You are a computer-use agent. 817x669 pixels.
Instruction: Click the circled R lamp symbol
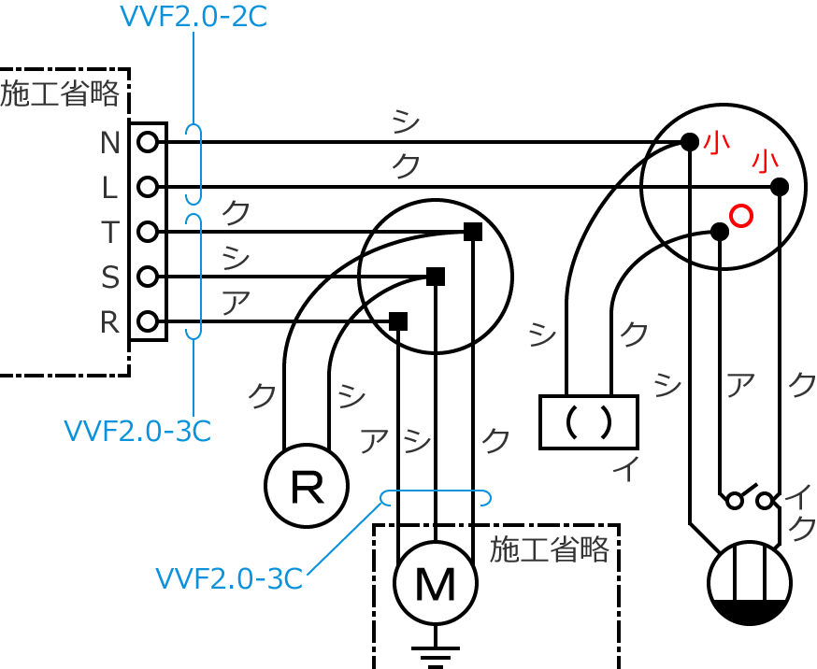[x=307, y=486]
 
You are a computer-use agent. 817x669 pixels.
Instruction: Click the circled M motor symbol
[x=436, y=583]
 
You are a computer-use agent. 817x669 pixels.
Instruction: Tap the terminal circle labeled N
[x=147, y=142]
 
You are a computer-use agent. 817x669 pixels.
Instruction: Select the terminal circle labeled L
[x=147, y=187]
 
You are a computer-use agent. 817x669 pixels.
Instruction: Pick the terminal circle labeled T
[x=147, y=232]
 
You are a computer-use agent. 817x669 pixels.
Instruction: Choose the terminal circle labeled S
[x=147, y=277]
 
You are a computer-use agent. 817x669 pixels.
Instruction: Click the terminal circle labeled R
[x=147, y=321]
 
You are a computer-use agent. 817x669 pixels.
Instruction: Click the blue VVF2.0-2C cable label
[x=193, y=17]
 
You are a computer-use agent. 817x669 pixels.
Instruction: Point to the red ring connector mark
[x=740, y=216]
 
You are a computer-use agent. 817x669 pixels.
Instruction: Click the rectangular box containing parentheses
[x=589, y=422]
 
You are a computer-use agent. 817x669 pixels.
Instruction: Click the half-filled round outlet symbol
[x=750, y=583]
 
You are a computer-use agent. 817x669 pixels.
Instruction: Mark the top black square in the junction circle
[x=473, y=232]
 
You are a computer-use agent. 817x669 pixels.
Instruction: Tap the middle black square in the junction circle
[x=436, y=277]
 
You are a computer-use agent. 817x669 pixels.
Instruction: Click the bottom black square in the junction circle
[x=398, y=321]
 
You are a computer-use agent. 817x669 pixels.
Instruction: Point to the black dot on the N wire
[x=690, y=142]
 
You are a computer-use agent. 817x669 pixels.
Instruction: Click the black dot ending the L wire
[x=780, y=187]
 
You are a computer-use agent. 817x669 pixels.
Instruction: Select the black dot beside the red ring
[x=720, y=232]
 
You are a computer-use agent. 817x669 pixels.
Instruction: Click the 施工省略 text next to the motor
[x=550, y=549]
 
